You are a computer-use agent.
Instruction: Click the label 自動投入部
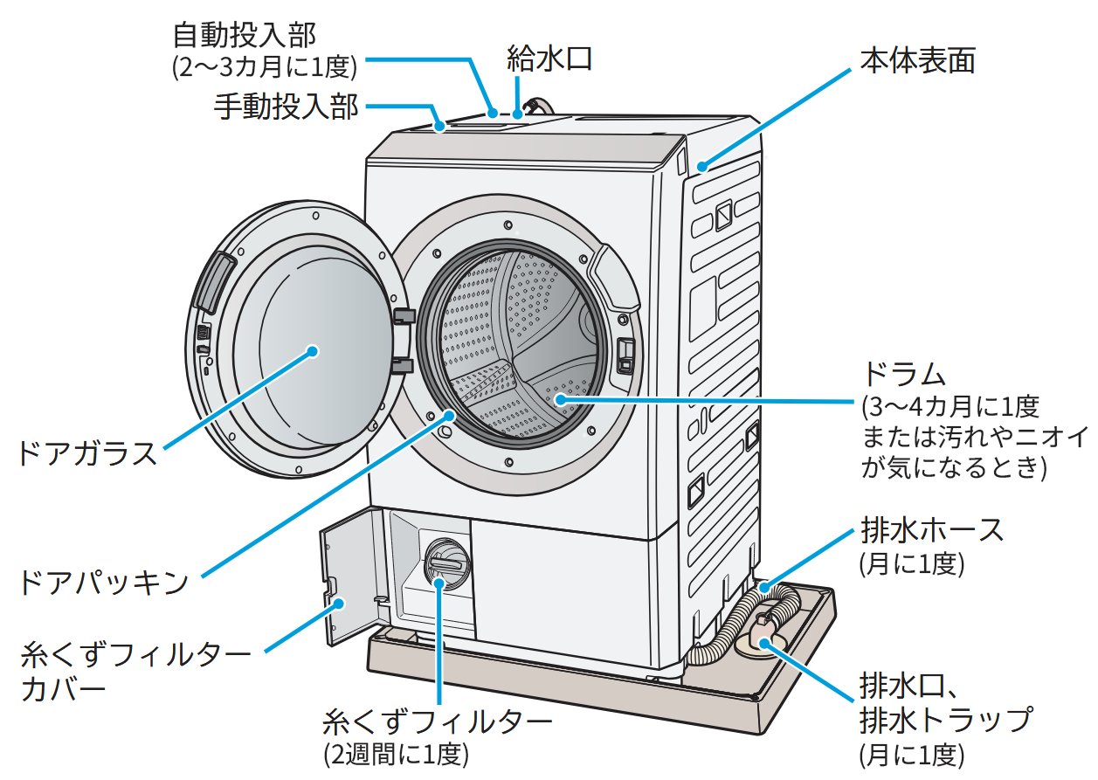coord(244,36)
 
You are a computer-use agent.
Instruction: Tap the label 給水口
coord(549,59)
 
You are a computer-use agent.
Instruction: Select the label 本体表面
coord(917,60)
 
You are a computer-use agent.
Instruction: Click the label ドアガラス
coord(86,453)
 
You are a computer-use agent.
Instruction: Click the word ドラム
coord(904,375)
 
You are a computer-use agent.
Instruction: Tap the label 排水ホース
coord(932,529)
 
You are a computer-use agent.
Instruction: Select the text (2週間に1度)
coord(396,753)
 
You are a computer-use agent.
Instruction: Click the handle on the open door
coord(216,282)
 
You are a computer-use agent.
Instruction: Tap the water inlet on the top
coord(532,107)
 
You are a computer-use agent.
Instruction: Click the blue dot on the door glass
coord(313,351)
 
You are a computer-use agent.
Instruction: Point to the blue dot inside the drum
coord(557,399)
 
